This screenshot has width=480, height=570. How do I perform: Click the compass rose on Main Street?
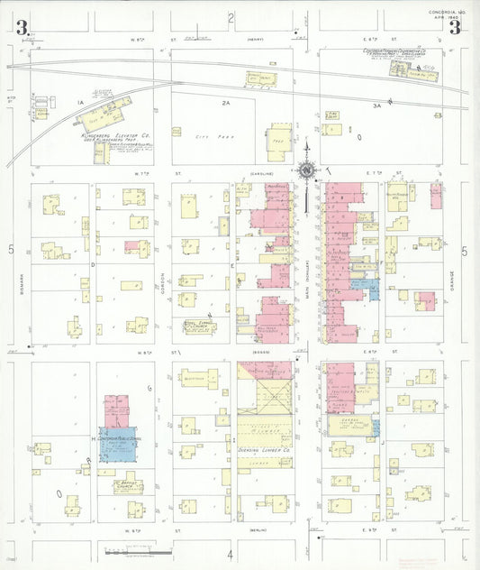(x=307, y=170)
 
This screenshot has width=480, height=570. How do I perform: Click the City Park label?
(x=209, y=136)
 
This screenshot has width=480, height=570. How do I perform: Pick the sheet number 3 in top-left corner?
(x=19, y=27)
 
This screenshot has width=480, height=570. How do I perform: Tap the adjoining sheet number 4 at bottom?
(x=231, y=552)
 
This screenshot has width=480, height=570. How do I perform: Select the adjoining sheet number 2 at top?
(x=231, y=17)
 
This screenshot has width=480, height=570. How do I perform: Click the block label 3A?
(x=377, y=106)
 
